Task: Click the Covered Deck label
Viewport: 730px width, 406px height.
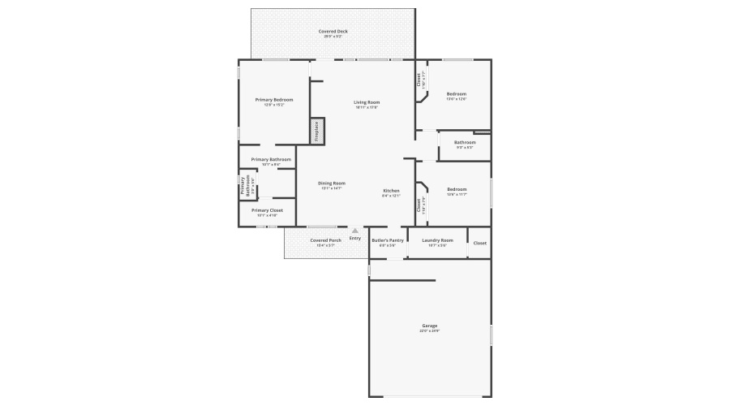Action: pos(333,31)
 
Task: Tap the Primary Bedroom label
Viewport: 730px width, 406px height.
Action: pos(274,100)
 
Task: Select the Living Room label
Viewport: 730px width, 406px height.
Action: pos(367,102)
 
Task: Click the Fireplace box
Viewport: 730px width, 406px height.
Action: pos(317,131)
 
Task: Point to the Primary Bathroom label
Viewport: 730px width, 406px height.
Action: pos(271,159)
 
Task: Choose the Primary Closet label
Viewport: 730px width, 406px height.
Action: pos(267,210)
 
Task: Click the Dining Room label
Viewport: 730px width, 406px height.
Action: pos(331,184)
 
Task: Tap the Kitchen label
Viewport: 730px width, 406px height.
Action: pos(391,191)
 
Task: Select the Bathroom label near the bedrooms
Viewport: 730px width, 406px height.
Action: pos(465,143)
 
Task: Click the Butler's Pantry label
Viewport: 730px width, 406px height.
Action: pos(387,240)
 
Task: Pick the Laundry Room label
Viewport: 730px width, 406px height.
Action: pos(437,240)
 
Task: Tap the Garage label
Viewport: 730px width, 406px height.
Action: pos(429,326)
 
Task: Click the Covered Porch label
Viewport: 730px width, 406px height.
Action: pos(325,240)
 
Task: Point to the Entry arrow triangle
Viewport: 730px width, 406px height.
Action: pos(354,231)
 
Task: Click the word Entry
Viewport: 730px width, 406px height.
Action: pos(354,238)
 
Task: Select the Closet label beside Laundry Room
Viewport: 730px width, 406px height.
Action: pos(480,243)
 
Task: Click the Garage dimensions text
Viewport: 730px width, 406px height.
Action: pos(429,330)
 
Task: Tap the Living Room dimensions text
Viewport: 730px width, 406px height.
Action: pos(367,107)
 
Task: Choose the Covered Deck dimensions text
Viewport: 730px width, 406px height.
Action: pos(333,37)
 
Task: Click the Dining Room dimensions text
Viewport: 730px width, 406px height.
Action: pos(331,188)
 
